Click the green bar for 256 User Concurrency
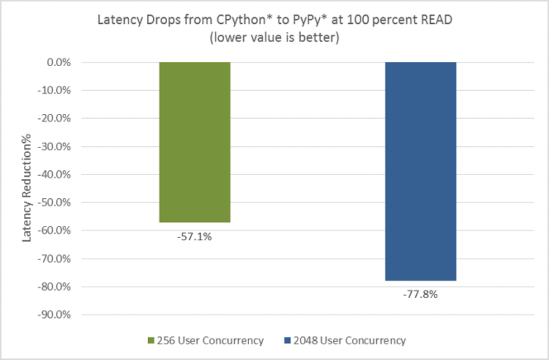[x=195, y=142]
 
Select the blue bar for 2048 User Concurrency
[x=420, y=171]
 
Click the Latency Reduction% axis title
[x=27, y=188]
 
